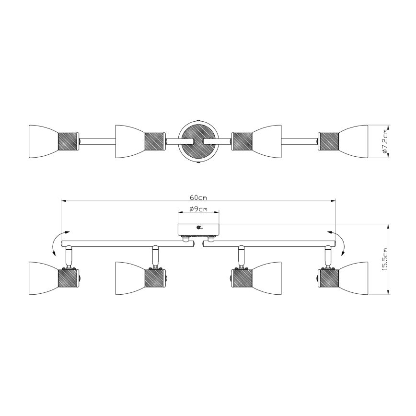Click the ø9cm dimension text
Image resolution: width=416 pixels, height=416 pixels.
pos(198,209)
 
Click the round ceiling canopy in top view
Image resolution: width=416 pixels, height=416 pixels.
pos(198,141)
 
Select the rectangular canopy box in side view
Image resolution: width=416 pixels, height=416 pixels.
pos(198,230)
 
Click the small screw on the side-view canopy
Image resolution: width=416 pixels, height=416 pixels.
pos(199,227)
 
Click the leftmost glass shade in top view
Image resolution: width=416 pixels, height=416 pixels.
pos(42,141)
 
